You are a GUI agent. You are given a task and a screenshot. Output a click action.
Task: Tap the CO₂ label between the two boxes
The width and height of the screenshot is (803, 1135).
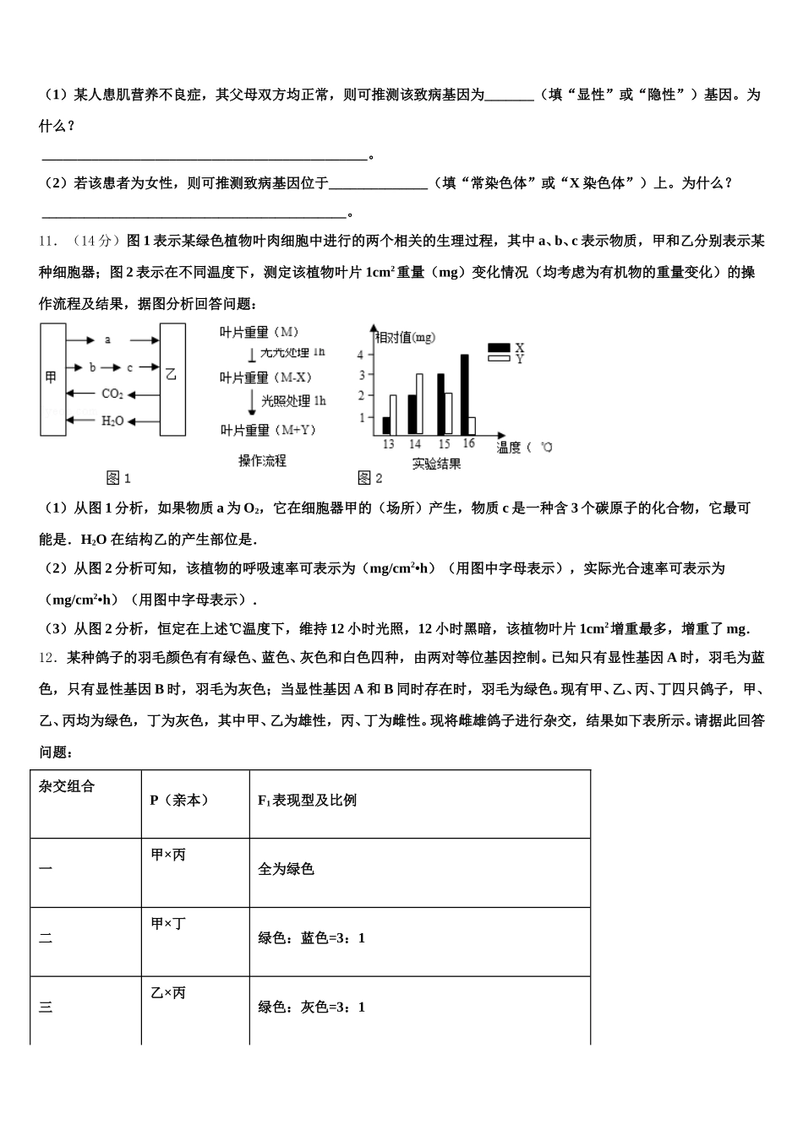(112, 394)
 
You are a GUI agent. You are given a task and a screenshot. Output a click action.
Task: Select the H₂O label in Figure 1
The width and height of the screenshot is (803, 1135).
(112, 421)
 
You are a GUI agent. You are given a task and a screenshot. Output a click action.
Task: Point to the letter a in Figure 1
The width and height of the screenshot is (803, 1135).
(107, 339)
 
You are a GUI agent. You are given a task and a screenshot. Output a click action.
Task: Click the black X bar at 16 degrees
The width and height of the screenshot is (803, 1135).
(464, 394)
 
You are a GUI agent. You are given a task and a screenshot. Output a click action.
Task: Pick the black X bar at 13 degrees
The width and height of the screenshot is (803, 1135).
(386, 426)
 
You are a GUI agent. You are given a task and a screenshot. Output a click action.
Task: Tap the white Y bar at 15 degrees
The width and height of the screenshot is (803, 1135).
(449, 414)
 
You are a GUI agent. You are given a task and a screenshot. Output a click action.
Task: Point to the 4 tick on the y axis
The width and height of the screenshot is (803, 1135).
(361, 355)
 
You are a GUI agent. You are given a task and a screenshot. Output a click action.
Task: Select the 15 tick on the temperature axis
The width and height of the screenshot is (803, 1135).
(444, 444)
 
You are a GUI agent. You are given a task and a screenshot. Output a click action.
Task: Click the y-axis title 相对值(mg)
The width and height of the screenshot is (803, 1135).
(406, 337)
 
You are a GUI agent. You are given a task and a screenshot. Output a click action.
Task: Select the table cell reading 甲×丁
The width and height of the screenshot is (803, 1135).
(168, 924)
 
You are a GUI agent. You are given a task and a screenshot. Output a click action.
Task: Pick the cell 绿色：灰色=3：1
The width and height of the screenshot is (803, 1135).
(311, 1007)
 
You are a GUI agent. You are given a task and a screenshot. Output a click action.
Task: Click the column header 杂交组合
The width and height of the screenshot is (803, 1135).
(67, 786)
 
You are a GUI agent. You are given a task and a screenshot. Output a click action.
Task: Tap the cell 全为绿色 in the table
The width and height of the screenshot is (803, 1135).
(286, 868)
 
